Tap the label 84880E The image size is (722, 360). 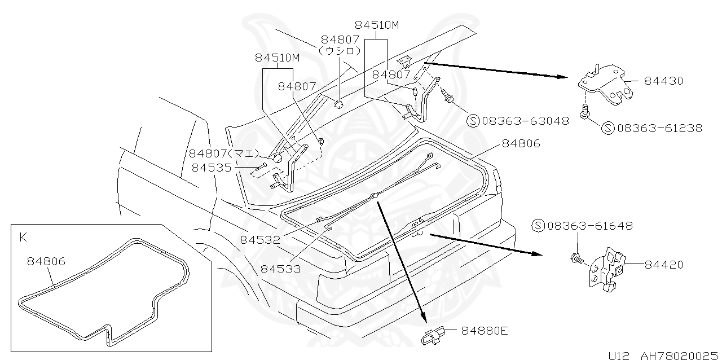point(485,330)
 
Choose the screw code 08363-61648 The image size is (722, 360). point(589,226)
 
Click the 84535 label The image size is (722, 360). point(212,167)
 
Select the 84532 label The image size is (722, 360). point(260,239)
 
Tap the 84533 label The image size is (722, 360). point(280,269)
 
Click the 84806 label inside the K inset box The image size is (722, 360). point(46,261)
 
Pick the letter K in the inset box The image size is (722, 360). point(23,238)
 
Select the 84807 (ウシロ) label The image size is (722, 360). point(340,45)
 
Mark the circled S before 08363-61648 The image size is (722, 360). point(538,226)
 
